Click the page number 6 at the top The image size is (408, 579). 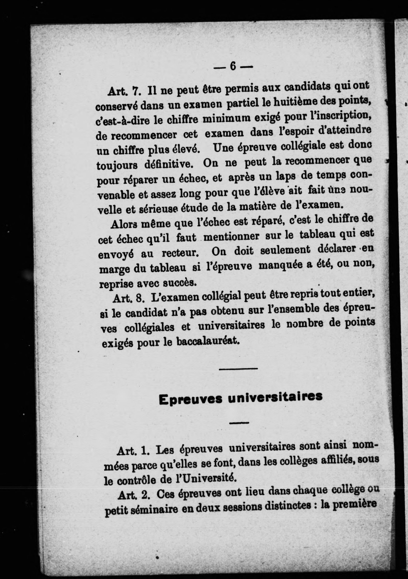(233, 66)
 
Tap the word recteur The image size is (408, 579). (179, 253)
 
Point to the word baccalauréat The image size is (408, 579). (208, 342)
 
